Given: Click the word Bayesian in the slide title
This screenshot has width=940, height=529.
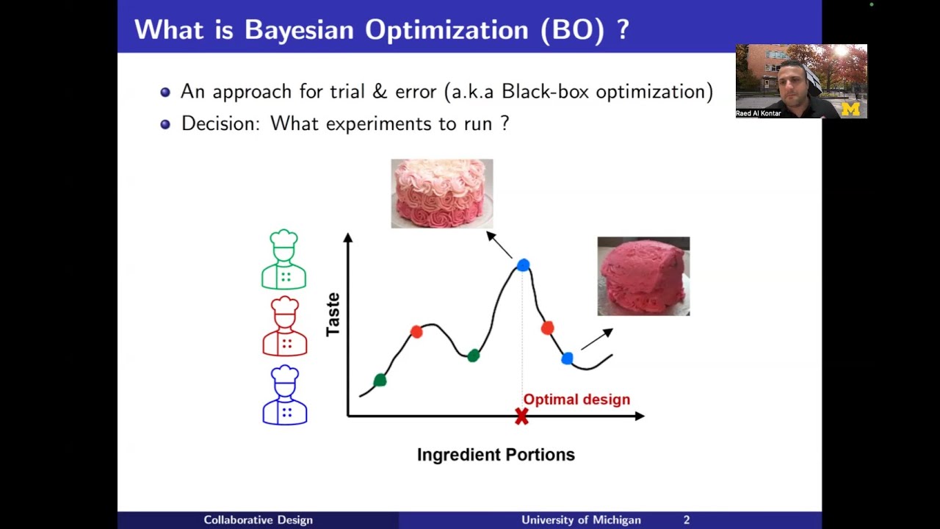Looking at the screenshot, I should pyautogui.click(x=300, y=29).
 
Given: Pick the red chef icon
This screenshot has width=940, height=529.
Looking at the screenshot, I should pyautogui.click(x=284, y=326).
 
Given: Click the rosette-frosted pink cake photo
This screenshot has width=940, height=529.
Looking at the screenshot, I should pyautogui.click(x=441, y=193).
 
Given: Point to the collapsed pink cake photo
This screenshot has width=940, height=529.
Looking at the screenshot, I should pyautogui.click(x=643, y=276).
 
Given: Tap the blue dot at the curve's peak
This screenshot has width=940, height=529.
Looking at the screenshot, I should pyautogui.click(x=523, y=265).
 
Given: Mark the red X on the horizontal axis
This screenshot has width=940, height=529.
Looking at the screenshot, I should pyautogui.click(x=521, y=417).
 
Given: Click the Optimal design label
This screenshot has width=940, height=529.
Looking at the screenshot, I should pyautogui.click(x=576, y=400).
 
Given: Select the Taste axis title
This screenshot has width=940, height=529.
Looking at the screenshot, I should pyautogui.click(x=333, y=314).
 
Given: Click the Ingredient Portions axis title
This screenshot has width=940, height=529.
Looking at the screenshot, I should pyautogui.click(x=496, y=455).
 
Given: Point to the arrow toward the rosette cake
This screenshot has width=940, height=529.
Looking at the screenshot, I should pyautogui.click(x=499, y=245).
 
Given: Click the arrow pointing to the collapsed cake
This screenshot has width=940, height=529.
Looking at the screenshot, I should pyautogui.click(x=597, y=339).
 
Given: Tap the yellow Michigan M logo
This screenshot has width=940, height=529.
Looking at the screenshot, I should pyautogui.click(x=850, y=109).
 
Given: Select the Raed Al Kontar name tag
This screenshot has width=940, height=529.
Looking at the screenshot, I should pyautogui.click(x=759, y=114).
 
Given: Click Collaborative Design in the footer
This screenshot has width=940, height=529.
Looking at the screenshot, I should pyautogui.click(x=258, y=520).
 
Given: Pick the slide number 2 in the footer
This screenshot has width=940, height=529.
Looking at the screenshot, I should pyautogui.click(x=687, y=520).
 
